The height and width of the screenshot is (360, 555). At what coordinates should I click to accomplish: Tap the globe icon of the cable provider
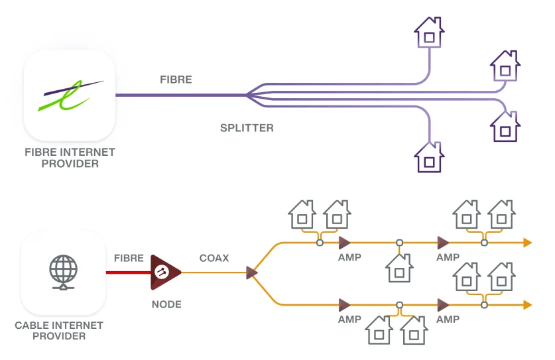pos(64,271)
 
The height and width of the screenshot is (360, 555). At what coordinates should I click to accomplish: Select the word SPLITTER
pos(247,128)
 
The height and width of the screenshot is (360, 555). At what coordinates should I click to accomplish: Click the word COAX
pos(214,258)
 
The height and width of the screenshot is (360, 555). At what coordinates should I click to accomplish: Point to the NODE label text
pos(166,304)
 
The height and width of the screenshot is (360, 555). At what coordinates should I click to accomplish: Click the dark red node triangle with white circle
pos(164,272)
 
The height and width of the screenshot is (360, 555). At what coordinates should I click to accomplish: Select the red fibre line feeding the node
pos(128,272)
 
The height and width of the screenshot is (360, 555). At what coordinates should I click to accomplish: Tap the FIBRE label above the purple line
pos(176,80)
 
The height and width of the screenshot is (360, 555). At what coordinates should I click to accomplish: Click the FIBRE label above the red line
pos(129,258)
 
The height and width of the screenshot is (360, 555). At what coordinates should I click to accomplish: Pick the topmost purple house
pos(429,32)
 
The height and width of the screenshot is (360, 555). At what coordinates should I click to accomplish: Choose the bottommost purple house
pos(429,158)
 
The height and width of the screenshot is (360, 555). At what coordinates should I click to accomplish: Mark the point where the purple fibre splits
pos(247,95)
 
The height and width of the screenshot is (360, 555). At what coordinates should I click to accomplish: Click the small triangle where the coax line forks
pos(251,272)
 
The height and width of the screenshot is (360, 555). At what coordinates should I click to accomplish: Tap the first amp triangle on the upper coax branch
pos(344,243)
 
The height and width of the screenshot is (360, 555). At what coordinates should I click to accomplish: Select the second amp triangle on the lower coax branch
pos(442,305)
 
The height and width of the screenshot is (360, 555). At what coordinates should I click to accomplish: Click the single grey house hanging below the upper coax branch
pos(399,269)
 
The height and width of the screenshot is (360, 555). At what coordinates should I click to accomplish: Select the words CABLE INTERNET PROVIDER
pos(59,330)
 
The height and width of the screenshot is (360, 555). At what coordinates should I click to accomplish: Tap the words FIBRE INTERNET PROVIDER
pos(70,157)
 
